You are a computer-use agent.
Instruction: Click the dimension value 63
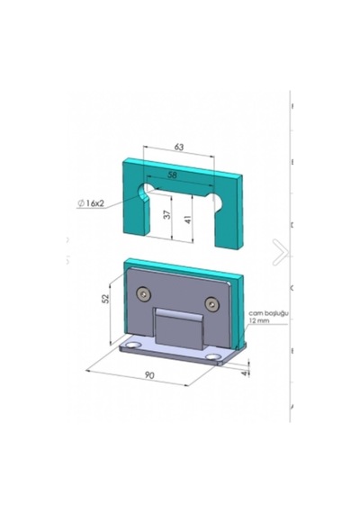179,147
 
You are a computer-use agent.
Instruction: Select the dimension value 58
172,175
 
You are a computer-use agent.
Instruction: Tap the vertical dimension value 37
167,214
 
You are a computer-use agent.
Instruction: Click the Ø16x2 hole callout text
91,203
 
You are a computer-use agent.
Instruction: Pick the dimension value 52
105,299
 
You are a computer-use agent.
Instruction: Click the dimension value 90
149,375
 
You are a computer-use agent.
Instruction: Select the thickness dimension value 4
245,373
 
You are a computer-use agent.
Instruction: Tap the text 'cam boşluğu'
268,313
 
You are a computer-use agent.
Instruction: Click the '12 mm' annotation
259,320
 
